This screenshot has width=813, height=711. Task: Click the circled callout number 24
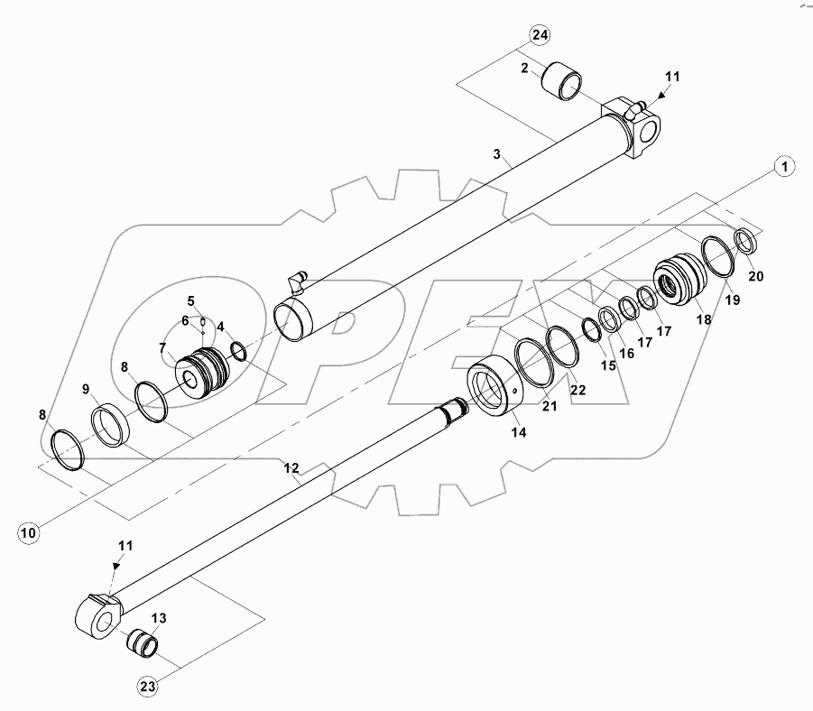pyautogui.click(x=539, y=36)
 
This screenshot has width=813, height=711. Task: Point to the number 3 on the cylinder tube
pyautogui.click(x=496, y=154)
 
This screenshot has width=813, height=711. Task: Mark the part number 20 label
pyautogui.click(x=756, y=276)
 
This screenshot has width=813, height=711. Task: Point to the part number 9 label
pyautogui.click(x=86, y=389)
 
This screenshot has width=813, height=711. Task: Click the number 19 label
pyautogui.click(x=732, y=299)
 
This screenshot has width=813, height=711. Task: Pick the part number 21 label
pyautogui.click(x=550, y=406)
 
